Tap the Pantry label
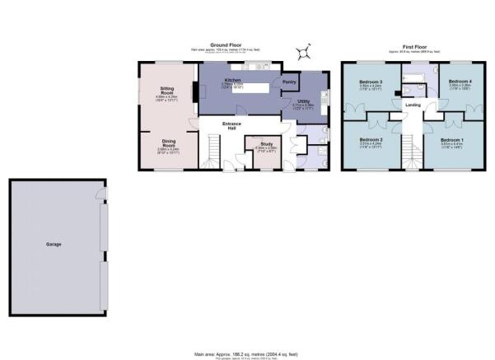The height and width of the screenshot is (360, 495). coord(289,82)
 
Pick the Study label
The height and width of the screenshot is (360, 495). coord(266,143)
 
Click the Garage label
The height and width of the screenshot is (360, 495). coord(54,244)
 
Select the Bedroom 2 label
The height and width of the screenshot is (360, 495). coord(371,140)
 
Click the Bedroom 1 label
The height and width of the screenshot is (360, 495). coord(452,140)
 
